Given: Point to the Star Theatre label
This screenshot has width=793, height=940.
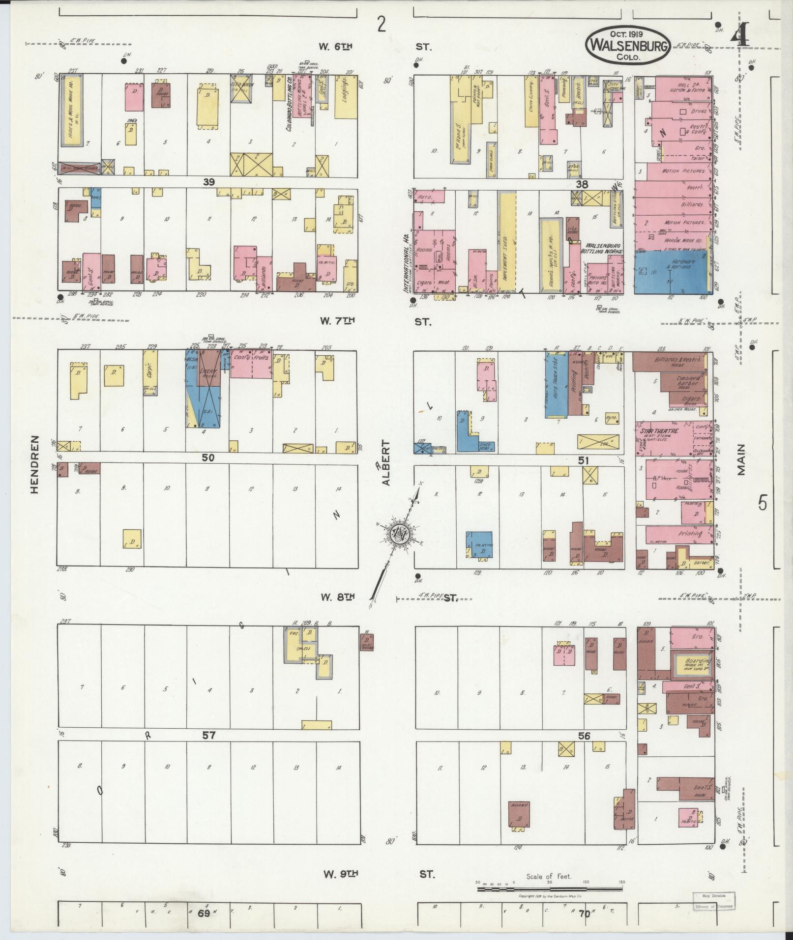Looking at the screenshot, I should (x=659, y=431).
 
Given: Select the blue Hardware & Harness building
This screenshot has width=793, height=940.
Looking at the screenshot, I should (x=671, y=272).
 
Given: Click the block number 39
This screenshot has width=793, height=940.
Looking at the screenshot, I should (x=209, y=182).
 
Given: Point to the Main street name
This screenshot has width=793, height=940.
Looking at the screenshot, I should (x=741, y=459).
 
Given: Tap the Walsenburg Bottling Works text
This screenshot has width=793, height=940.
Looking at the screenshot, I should (x=604, y=248).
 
